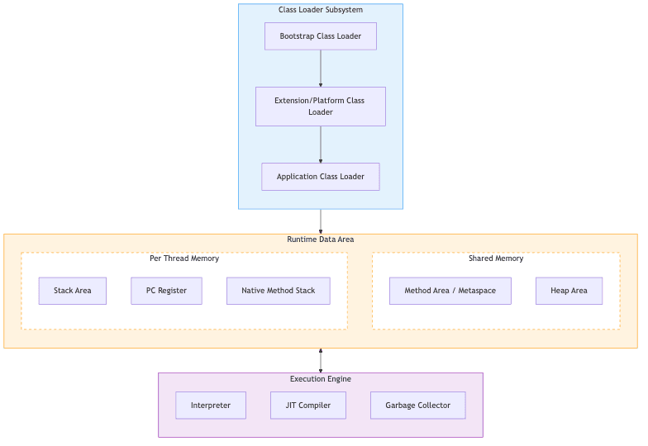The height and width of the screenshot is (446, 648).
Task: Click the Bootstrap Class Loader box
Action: [x=320, y=36]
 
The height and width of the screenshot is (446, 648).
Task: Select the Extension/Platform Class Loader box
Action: [x=320, y=107]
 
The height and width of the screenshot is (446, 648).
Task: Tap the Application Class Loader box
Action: [x=320, y=177]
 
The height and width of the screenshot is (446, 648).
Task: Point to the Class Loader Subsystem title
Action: [x=320, y=10]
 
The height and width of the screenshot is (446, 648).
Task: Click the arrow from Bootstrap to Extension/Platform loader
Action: [x=321, y=68]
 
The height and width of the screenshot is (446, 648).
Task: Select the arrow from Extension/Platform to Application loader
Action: [x=321, y=145]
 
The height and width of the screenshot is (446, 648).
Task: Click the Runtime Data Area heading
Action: [x=320, y=240]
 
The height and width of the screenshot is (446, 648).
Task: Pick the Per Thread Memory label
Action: [x=184, y=259]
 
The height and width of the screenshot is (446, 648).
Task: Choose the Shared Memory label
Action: [x=496, y=259]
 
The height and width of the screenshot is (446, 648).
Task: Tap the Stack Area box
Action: [x=73, y=291]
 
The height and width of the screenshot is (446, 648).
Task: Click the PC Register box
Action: [x=166, y=291]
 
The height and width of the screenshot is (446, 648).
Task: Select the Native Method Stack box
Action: [x=278, y=291]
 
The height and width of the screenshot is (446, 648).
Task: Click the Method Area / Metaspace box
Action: [x=450, y=291]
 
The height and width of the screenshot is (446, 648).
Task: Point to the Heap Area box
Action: [x=569, y=291]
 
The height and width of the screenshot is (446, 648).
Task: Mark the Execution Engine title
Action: [x=320, y=379]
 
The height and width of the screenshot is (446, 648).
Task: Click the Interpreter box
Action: [x=211, y=406]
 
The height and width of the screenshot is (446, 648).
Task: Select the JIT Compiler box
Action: [x=307, y=406]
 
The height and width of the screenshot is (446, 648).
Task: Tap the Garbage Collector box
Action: [x=417, y=406]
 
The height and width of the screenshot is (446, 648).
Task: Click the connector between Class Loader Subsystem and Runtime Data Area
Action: [x=321, y=221]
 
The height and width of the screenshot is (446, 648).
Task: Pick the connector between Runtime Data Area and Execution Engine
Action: [x=321, y=361]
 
